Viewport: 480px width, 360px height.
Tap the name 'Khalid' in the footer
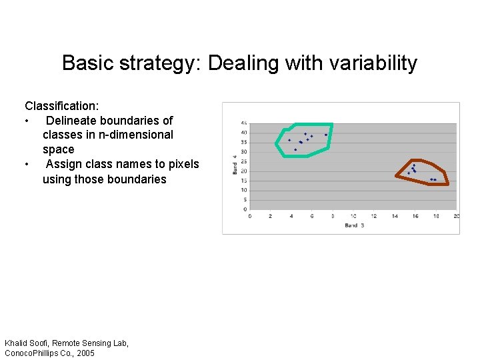coord(19,343)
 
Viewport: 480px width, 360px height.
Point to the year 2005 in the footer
coord(85,353)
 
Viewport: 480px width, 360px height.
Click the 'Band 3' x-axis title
coord(354,225)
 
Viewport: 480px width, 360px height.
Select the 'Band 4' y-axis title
coord(235,165)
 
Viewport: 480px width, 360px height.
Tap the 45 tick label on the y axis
coord(243,123)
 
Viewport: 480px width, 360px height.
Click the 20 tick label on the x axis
coord(456,216)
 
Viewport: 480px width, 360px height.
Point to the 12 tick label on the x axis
coord(373,216)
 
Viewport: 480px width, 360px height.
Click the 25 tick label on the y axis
coord(243,161)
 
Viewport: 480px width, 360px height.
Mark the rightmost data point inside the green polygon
coord(326,135)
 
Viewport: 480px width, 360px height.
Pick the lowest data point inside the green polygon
coord(295,149)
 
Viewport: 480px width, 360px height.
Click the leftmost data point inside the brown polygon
coord(409,173)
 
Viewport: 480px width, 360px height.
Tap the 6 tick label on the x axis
coord(311,216)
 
